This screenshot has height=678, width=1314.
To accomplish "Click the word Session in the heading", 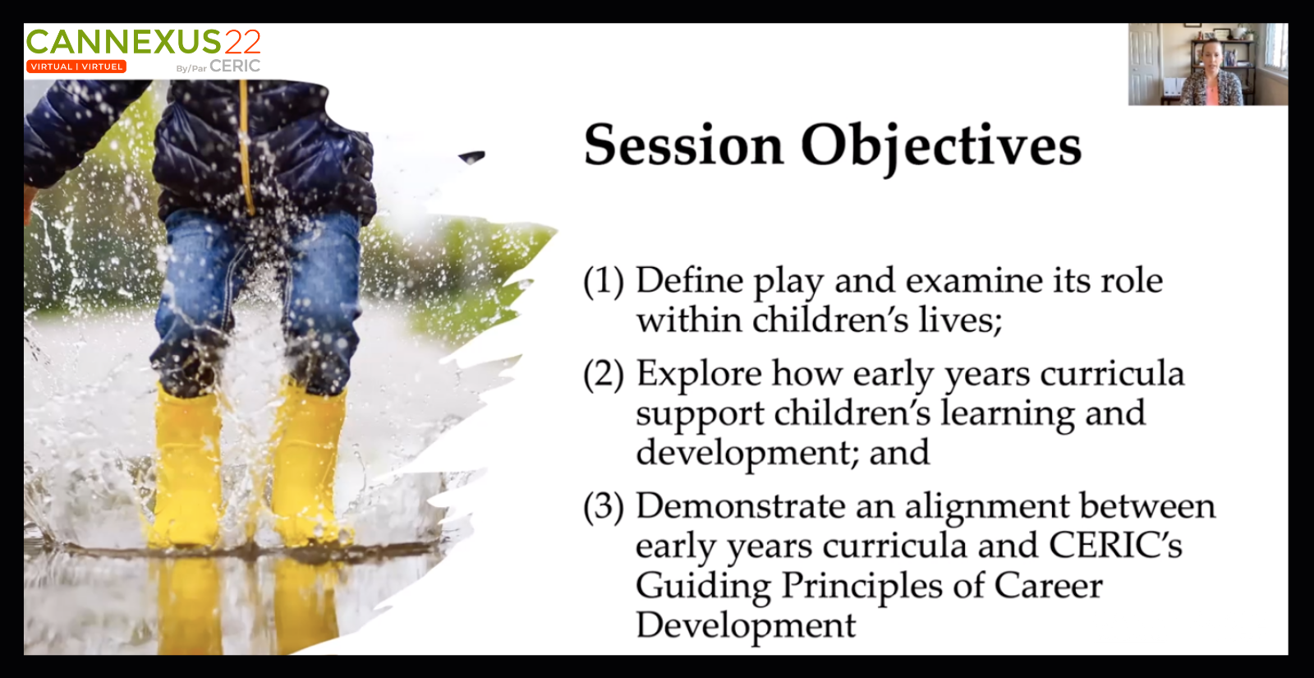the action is tap(683, 145).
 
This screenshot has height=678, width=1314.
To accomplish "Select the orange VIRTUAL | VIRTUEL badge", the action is tap(76, 67).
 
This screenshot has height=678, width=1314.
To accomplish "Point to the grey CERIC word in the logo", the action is tap(235, 66).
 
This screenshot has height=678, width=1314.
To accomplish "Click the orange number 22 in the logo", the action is tap(241, 42).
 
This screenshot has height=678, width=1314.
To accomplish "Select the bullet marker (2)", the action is tap(604, 375).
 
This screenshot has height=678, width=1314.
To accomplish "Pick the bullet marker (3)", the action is tap(604, 506).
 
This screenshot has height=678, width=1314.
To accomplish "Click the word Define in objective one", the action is tap(690, 280).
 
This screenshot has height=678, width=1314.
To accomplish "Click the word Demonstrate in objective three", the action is tap(740, 505).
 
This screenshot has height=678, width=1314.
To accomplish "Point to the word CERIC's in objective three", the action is tap(1115, 546).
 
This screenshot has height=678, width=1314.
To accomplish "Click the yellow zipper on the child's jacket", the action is tap(246, 147).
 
